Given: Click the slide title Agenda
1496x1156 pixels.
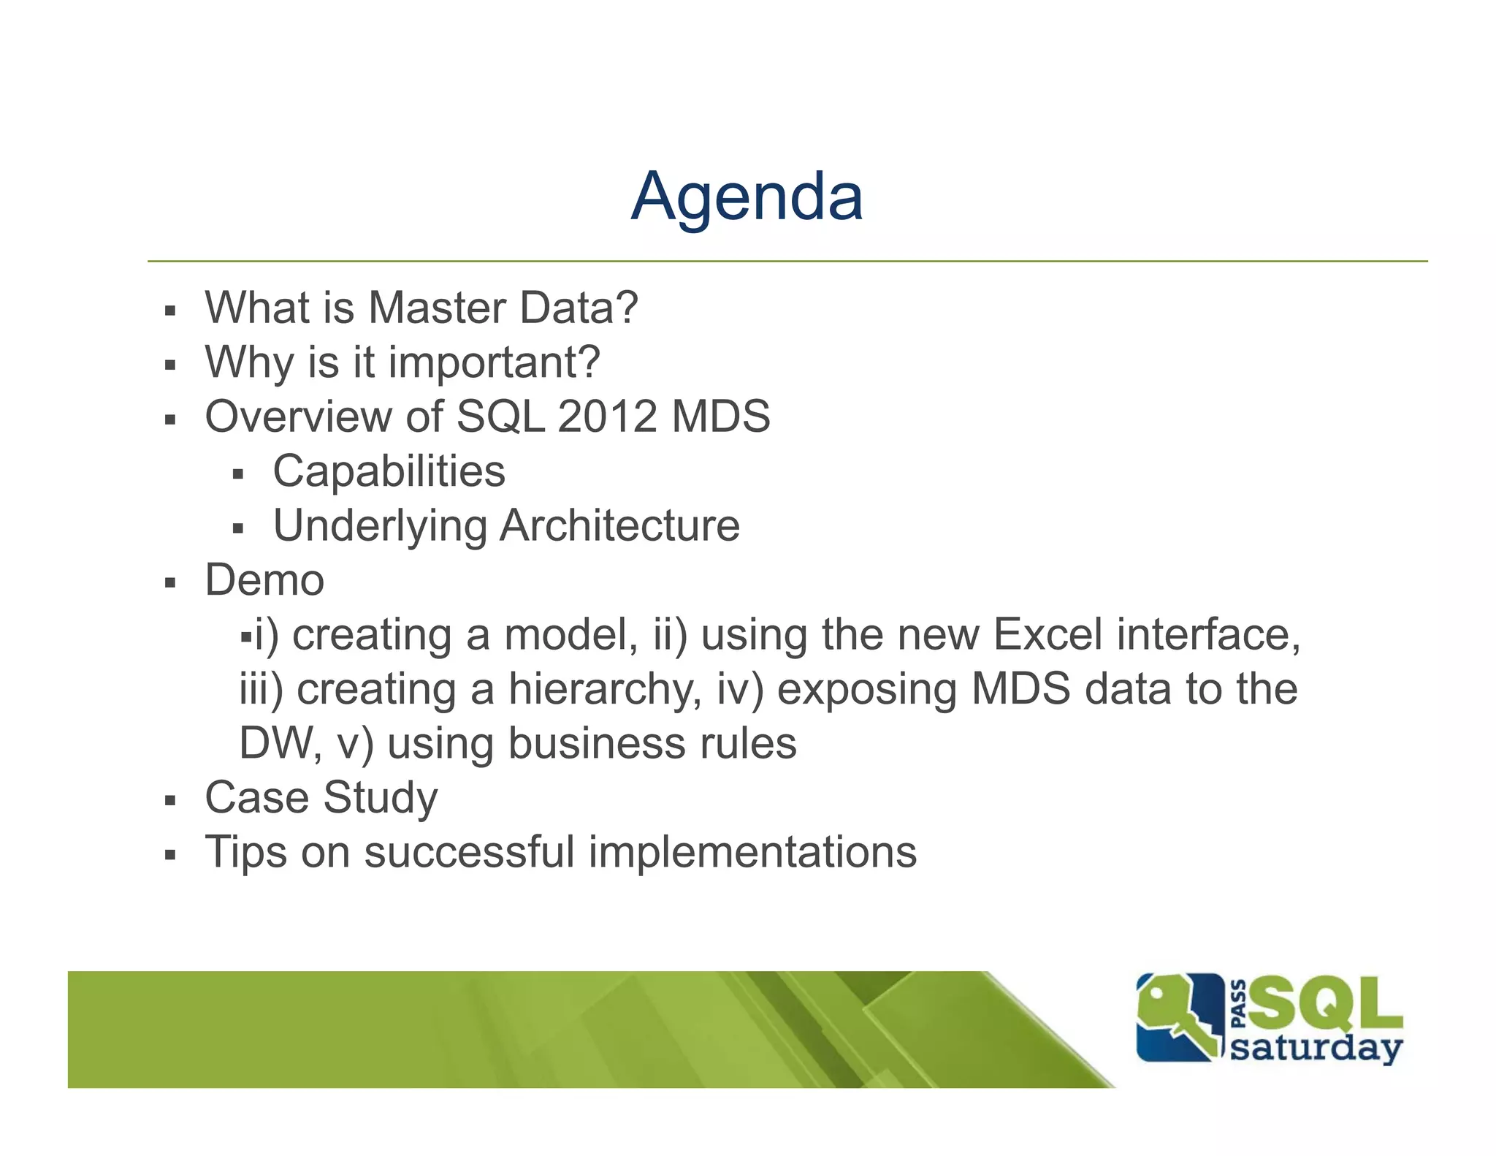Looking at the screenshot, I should pos(747,197).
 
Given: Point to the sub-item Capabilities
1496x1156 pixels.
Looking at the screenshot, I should pos(389,471).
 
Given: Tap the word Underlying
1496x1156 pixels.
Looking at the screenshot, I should pos(380,526).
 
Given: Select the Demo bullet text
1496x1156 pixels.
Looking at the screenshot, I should pos(264,580).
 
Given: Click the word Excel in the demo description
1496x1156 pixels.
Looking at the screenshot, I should pos(1047,634).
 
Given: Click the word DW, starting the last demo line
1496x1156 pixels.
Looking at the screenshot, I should pos(280,744).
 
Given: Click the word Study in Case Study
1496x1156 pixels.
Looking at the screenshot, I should pos(380,798).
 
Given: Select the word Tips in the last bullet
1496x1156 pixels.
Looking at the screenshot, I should pos(245,853).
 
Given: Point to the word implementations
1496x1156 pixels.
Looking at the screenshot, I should pos(752,853).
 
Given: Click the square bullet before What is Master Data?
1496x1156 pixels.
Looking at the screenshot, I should pos(170,311).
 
